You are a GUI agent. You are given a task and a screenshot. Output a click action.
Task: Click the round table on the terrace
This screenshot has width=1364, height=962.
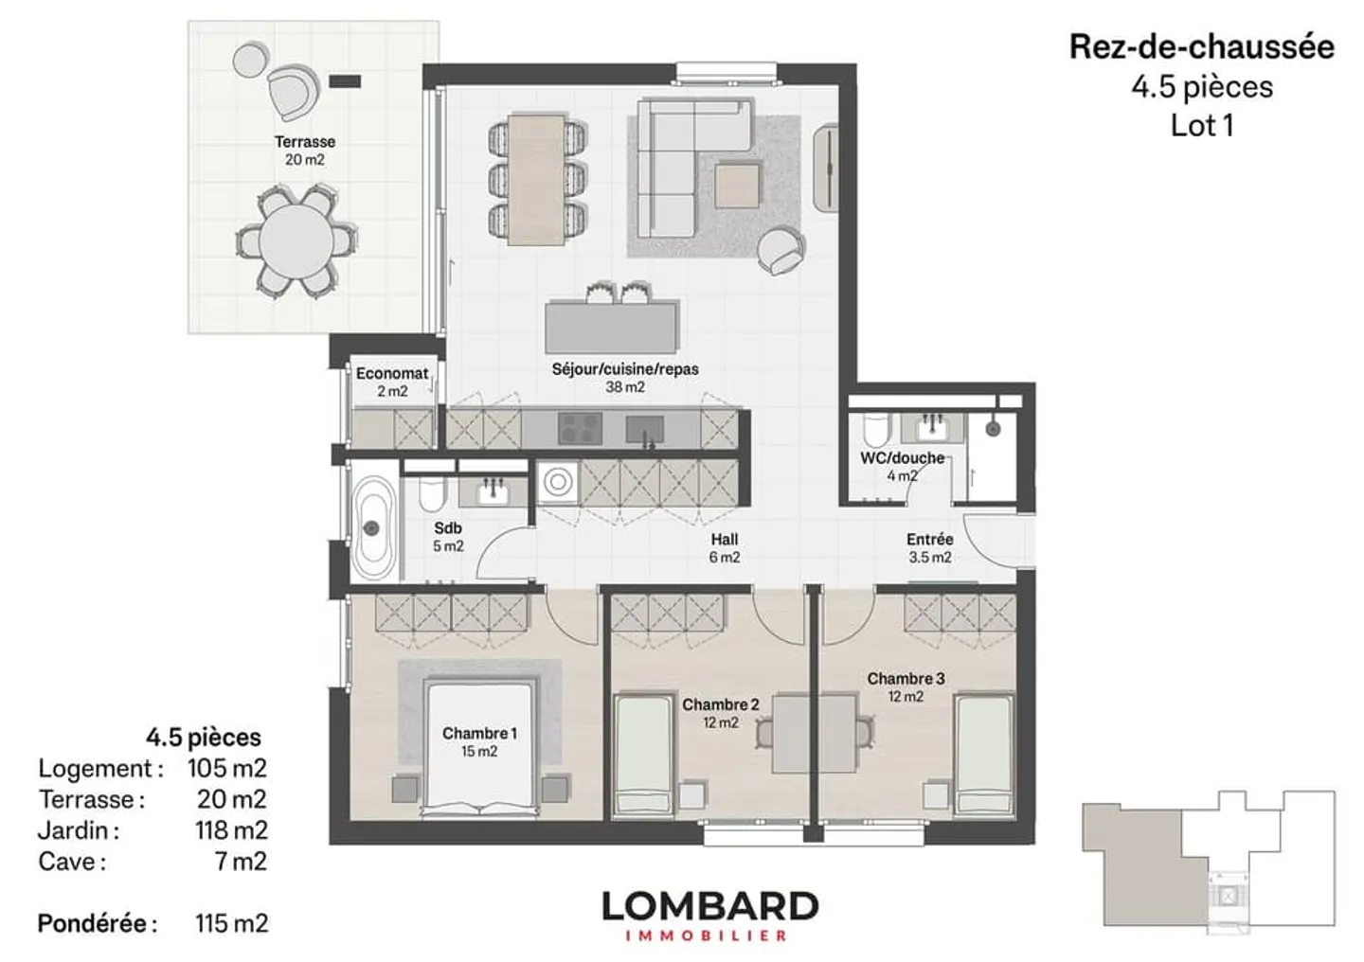tap(296, 241)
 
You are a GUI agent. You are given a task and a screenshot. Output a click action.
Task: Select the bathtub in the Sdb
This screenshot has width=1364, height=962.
tap(374, 528)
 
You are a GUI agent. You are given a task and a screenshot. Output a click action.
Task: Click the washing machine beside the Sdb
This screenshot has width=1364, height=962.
tap(557, 482)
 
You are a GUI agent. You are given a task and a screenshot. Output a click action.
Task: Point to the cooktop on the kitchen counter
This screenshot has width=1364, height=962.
tap(580, 428)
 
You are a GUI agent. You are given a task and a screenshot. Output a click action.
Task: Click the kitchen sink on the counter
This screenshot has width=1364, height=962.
tap(645, 429)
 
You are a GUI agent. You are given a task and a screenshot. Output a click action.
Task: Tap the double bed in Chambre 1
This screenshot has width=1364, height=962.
tap(480, 748)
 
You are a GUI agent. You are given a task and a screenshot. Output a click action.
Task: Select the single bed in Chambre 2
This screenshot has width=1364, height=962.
tap(642, 754)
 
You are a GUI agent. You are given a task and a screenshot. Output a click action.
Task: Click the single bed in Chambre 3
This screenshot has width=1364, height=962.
tap(983, 754)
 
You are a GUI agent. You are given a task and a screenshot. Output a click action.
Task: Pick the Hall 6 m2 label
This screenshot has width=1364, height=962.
tap(725, 548)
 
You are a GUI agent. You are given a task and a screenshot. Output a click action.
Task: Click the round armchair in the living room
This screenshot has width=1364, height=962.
tap(781, 250)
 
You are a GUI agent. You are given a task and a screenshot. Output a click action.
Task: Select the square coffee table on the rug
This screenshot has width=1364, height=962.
tap(738, 185)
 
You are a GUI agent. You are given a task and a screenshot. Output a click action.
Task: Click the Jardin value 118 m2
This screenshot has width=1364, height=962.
tap(231, 829)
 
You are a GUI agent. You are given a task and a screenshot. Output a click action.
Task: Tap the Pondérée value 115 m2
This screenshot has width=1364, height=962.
tap(231, 923)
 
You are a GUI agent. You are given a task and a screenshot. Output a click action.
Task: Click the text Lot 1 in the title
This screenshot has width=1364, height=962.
tap(1202, 126)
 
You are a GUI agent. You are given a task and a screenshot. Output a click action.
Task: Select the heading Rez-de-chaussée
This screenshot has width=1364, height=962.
tap(1202, 47)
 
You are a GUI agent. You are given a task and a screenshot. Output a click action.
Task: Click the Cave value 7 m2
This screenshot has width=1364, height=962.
tap(242, 861)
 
